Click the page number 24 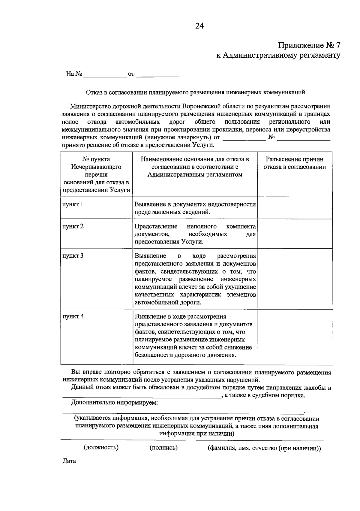[x=199, y=26]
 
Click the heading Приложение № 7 [x=309, y=45]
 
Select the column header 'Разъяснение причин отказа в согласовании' [x=295, y=163]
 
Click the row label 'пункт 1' [x=73, y=204]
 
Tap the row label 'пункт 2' [x=73, y=226]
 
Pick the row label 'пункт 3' [x=73, y=256]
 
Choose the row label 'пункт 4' [x=73, y=316]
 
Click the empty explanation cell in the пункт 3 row [x=295, y=279]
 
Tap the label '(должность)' [x=101, y=447]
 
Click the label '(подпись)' [x=163, y=448]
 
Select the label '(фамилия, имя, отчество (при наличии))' [x=264, y=448]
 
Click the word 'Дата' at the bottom [x=69, y=461]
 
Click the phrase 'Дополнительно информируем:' [x=114, y=403]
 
